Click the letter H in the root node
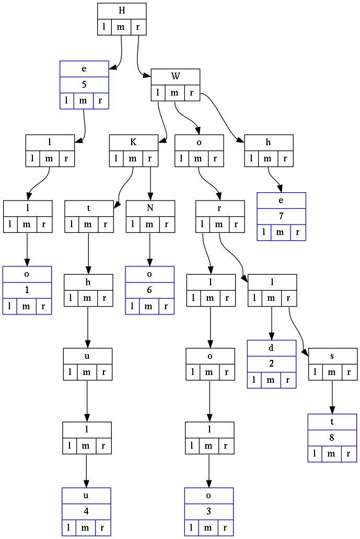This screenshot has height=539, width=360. click(122, 11)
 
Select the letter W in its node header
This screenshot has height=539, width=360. click(176, 77)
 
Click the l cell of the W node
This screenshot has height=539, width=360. click(158, 93)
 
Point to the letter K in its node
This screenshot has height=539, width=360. click(133, 143)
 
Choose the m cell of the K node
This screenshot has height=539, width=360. click(133, 159)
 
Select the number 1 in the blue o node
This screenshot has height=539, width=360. click(27, 290)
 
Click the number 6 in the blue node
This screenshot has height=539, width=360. click(150, 290)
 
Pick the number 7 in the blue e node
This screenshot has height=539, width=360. click(281, 216)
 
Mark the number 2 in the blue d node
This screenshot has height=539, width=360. click(272, 365)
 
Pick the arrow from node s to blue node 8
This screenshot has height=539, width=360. click(332, 397)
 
